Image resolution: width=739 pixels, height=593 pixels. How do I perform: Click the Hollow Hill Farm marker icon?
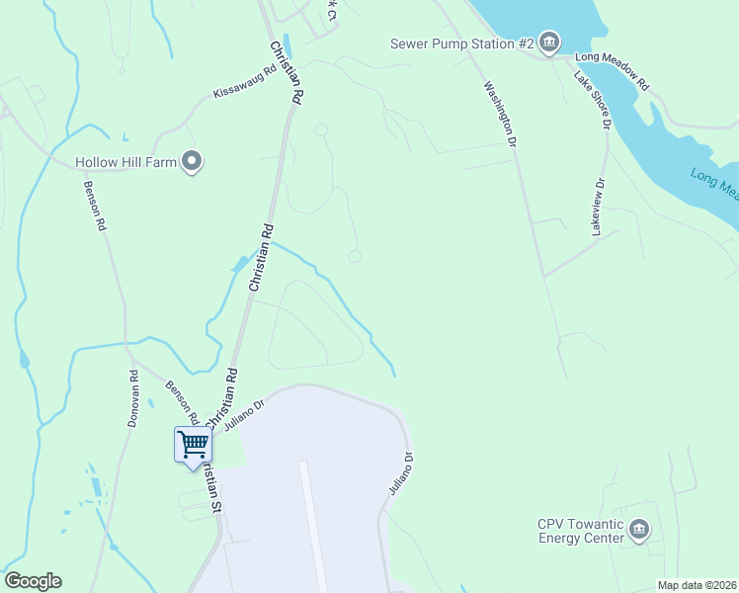tap(193, 161)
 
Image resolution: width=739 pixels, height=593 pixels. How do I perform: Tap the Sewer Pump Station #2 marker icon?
tap(549, 42)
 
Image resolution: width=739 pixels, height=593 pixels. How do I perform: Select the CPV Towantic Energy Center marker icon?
tap(639, 530)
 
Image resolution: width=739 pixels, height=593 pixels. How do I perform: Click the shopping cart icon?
tap(193, 445)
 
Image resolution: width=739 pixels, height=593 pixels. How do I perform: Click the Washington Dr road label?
tap(500, 114)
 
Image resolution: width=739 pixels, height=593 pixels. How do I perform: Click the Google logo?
tap(33, 581)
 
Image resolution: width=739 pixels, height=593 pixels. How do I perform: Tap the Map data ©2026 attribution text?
tap(697, 585)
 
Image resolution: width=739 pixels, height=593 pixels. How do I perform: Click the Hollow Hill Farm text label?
tap(125, 162)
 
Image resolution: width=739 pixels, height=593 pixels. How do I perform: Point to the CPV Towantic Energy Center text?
tap(581, 530)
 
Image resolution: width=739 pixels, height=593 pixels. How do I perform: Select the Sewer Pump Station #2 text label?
tap(461, 43)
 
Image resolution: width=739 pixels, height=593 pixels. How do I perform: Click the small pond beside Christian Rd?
tap(238, 265)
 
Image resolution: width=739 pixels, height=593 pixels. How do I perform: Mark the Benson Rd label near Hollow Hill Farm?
tap(94, 206)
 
